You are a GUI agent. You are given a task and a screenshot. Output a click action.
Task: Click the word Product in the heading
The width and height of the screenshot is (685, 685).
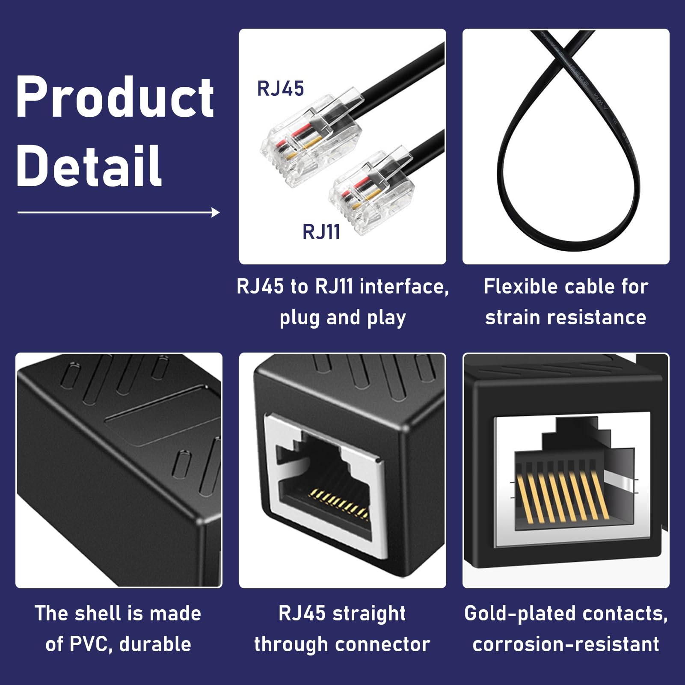click(115, 98)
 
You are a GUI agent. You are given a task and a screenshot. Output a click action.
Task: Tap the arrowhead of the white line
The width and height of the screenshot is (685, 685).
click(216, 212)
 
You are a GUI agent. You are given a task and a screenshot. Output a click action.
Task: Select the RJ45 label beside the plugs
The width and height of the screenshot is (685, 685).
click(280, 89)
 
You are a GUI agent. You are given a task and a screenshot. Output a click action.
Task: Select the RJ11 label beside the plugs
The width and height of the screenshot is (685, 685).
click(321, 232)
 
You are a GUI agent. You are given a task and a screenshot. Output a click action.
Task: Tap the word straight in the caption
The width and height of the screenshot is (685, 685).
click(369, 614)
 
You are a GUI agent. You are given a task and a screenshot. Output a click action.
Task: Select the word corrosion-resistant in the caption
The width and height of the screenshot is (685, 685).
click(566, 644)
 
